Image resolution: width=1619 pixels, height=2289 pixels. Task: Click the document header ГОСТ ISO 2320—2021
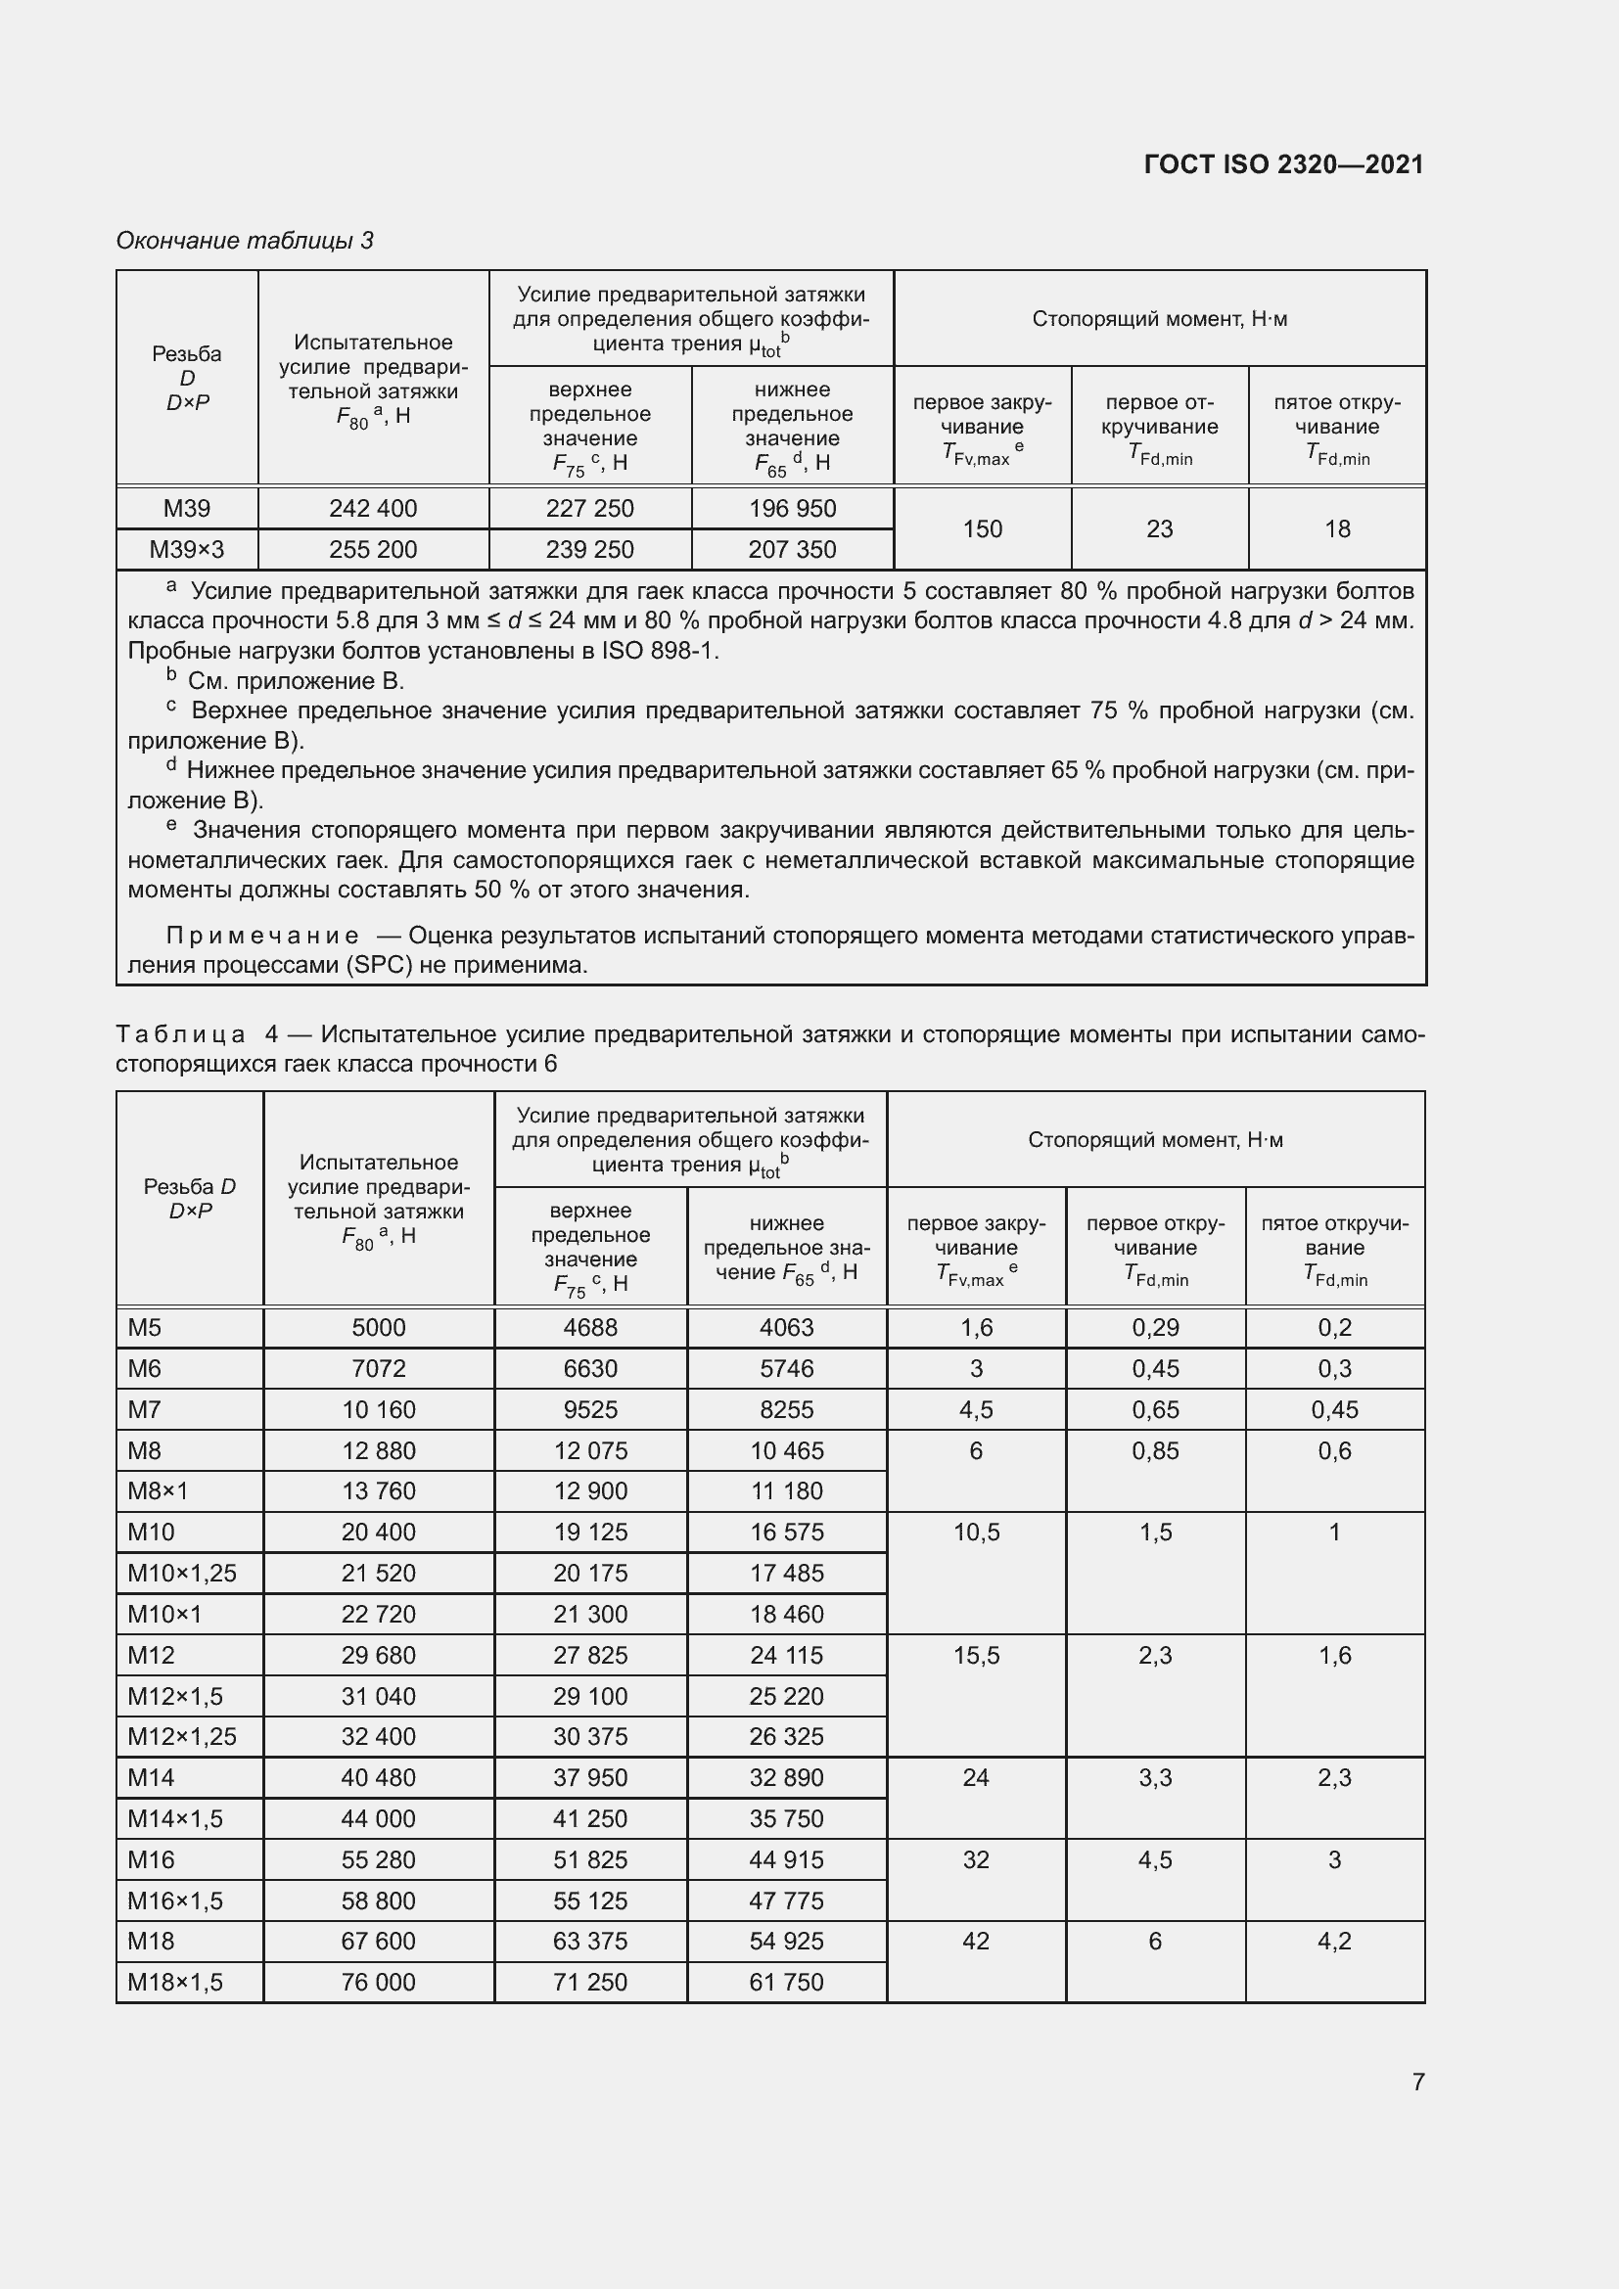point(1283,164)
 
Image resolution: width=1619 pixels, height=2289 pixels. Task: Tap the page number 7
point(1417,2081)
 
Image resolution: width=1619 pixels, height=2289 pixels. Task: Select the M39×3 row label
point(186,549)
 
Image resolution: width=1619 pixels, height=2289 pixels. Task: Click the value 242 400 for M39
point(373,509)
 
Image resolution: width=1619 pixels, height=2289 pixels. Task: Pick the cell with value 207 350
point(792,549)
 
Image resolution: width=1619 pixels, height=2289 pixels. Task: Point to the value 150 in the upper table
point(982,528)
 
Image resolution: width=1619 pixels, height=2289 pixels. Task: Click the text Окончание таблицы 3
point(245,241)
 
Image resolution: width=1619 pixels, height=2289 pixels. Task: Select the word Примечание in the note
point(262,936)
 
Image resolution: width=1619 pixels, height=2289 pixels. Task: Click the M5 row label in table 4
point(146,1327)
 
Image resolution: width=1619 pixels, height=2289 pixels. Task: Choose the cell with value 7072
point(378,1368)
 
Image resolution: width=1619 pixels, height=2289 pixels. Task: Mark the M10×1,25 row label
point(182,1573)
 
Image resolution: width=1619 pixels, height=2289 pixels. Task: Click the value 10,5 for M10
point(976,1532)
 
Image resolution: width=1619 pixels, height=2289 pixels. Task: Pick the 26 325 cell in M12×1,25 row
point(787,1736)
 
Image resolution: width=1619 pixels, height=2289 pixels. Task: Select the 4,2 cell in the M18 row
point(1334,1940)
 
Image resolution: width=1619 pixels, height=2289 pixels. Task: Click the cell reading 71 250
point(590,1981)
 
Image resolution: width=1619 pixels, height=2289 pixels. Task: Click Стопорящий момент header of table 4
point(1154,1139)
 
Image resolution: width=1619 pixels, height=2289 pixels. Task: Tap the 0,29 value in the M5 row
point(1154,1327)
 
